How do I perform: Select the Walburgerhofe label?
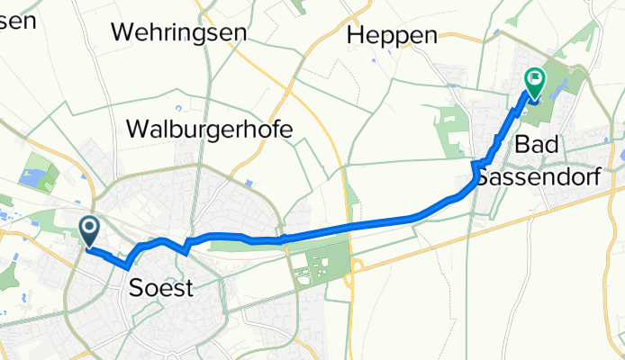click(x=211, y=129)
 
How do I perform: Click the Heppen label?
click(x=393, y=35)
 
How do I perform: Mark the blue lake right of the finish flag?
click(x=552, y=88)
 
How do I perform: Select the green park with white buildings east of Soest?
click(x=315, y=266)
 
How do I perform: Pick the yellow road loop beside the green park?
click(x=358, y=265)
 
